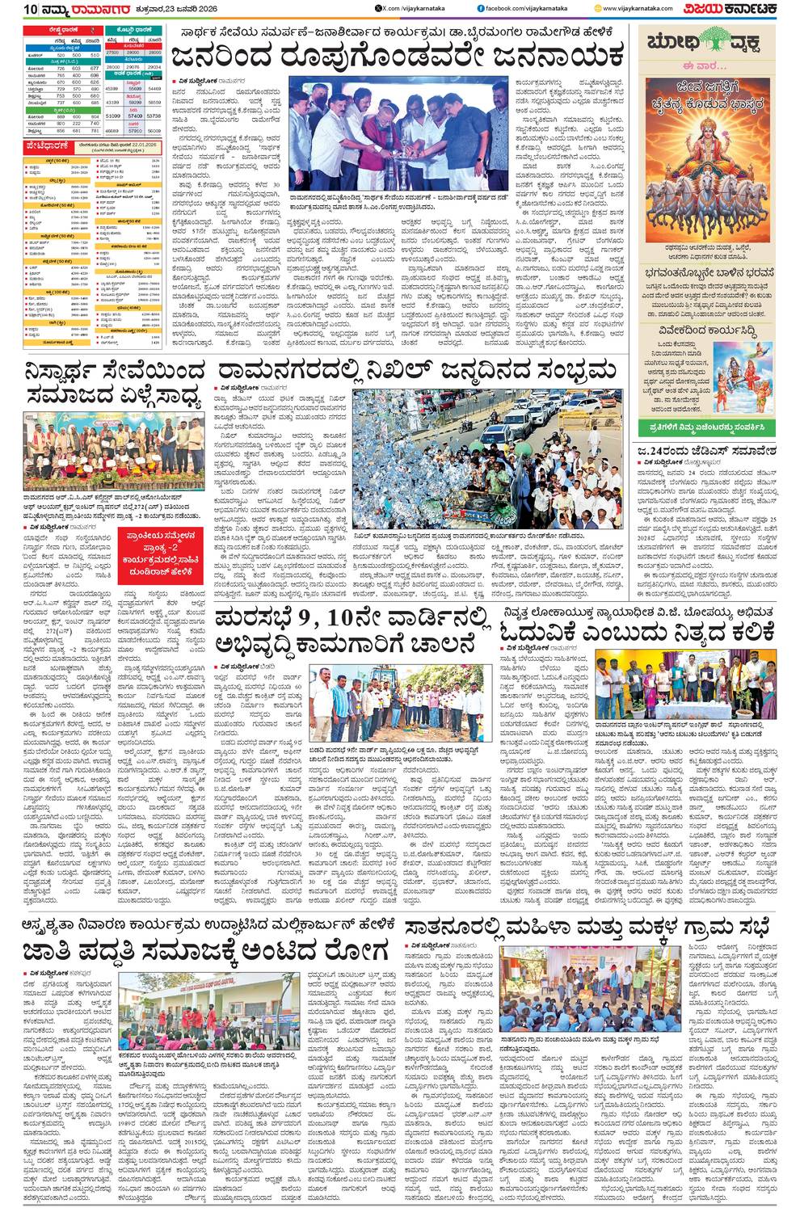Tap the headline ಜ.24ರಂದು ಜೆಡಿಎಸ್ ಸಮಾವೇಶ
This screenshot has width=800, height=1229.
click(705, 451)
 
